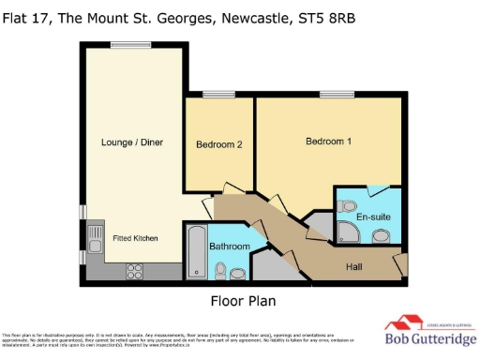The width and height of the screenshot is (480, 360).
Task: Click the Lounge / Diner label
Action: click(130, 142)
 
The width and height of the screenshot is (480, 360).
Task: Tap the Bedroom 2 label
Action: click(219, 144)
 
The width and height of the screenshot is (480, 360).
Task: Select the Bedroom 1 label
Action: click(328, 141)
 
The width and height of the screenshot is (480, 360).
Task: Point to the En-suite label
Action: click(372, 217)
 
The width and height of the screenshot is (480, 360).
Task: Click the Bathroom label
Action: click(229, 246)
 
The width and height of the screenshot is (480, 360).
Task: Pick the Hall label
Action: click(353, 265)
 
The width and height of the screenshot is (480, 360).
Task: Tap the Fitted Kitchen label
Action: click(136, 238)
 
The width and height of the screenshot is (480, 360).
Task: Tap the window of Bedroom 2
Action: click(219, 92)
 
